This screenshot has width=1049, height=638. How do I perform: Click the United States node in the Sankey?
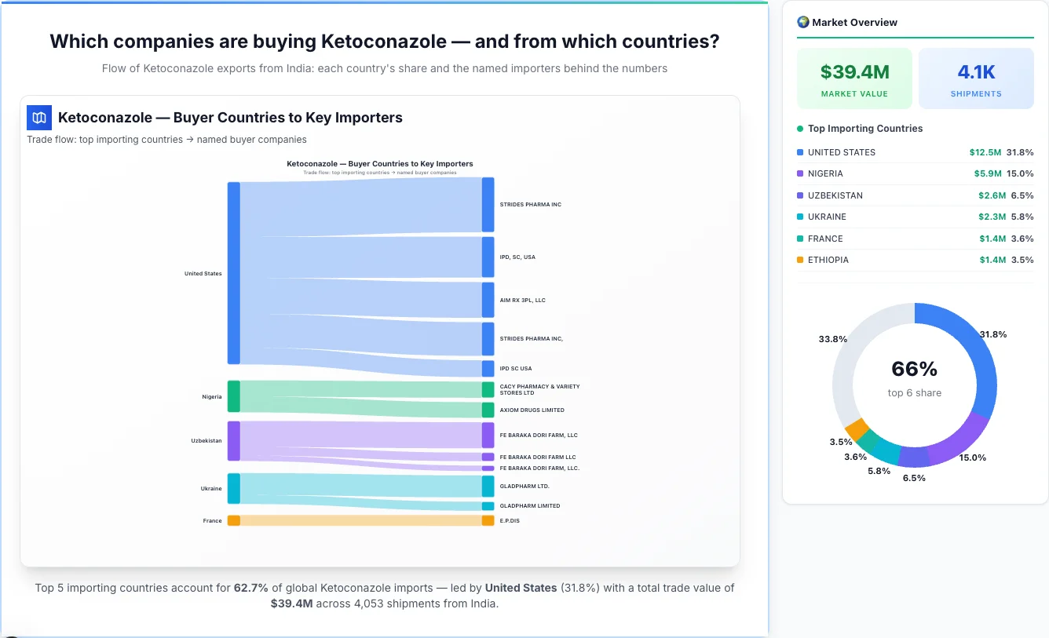click(x=233, y=273)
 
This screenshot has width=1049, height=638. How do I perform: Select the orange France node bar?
click(x=233, y=520)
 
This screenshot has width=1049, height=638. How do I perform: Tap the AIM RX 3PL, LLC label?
click(x=522, y=300)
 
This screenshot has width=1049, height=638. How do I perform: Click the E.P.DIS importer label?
click(x=510, y=520)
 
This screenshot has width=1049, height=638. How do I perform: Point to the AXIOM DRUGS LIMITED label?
click(x=532, y=410)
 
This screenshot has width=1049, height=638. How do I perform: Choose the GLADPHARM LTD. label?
click(x=524, y=486)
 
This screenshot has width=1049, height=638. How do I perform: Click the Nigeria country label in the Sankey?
click(x=212, y=396)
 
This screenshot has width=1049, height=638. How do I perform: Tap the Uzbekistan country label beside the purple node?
click(x=207, y=440)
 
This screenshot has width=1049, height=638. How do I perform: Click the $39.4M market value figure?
click(x=854, y=72)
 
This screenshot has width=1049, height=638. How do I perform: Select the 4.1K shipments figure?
click(x=976, y=72)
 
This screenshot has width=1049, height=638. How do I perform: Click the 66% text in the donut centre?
click(x=915, y=369)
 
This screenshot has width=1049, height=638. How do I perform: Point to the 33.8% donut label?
click(x=833, y=339)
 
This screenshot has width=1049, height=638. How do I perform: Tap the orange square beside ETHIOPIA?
click(x=800, y=260)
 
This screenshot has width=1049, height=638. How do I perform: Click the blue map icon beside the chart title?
click(x=39, y=118)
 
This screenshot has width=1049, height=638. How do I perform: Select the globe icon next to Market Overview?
click(x=803, y=22)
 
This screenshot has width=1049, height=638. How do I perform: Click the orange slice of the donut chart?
click(x=857, y=429)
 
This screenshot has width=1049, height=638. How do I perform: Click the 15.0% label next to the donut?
click(x=972, y=458)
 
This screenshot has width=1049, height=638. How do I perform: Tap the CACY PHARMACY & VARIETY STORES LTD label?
click(x=539, y=389)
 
